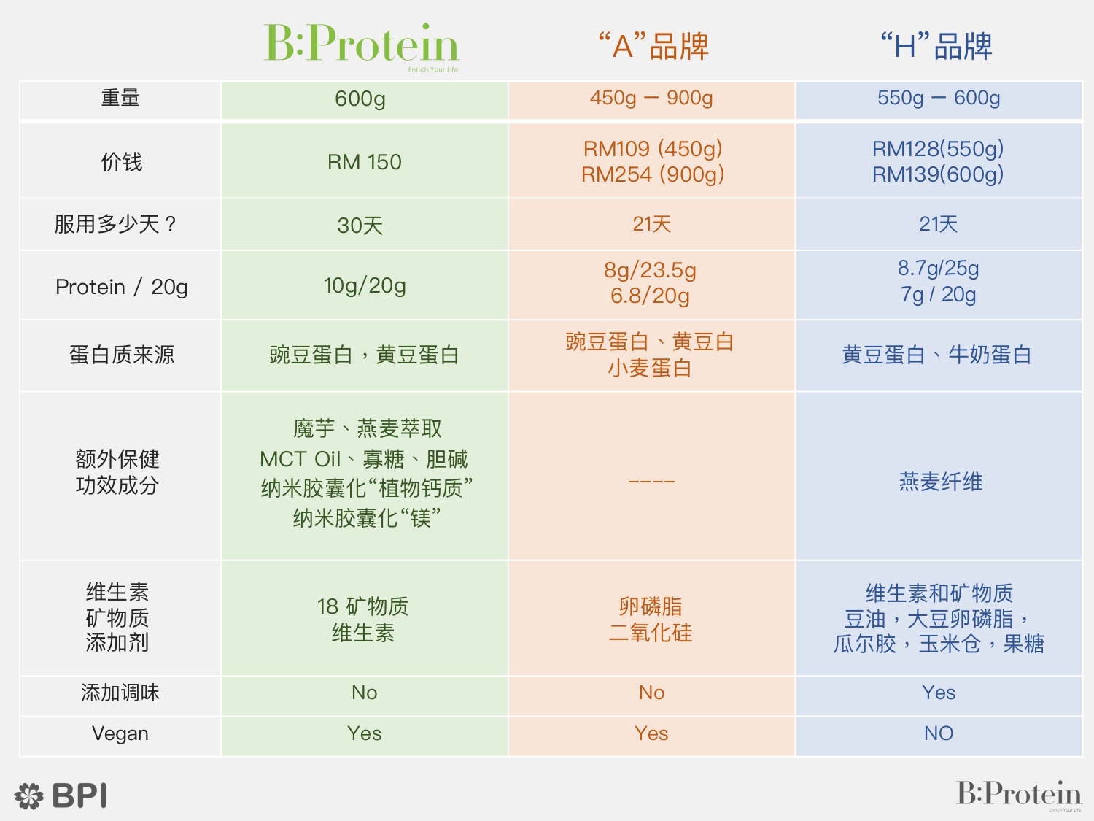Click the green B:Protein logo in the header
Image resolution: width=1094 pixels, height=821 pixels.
[361, 47]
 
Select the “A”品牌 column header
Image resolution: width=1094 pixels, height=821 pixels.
[653, 47]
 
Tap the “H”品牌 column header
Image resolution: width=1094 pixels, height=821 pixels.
[936, 47]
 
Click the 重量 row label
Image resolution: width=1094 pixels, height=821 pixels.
[120, 98]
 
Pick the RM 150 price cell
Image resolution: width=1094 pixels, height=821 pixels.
[365, 162]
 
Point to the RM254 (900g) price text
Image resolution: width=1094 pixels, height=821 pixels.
[653, 174]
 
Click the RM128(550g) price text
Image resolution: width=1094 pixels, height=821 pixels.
[937, 149]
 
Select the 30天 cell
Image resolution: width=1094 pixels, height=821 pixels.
[360, 226]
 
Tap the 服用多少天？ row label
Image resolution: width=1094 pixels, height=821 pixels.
[115, 224]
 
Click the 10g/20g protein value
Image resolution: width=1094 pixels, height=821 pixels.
[365, 285]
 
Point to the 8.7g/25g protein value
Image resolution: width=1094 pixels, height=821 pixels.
[939, 268]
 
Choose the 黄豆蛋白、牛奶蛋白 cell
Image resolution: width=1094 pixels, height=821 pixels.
[936, 355]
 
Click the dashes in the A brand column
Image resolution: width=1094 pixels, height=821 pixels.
[651, 482]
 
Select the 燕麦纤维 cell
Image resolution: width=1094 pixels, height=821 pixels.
[941, 482]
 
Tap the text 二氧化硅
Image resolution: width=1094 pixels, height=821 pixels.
[651, 633]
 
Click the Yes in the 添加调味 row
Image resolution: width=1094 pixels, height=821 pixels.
[939, 693]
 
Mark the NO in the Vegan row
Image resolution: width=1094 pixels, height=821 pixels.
[939, 733]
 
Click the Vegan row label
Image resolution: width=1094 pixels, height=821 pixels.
[120, 733]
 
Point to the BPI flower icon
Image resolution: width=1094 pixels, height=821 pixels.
[29, 795]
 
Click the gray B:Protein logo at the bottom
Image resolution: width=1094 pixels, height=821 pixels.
[1019, 795]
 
